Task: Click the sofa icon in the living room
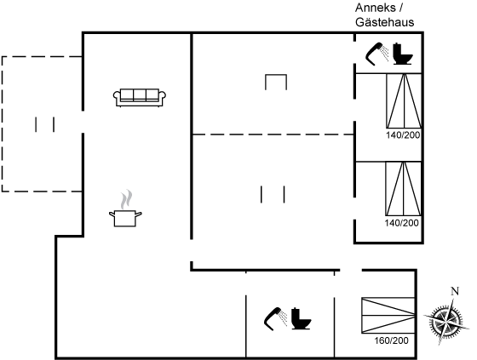[140, 97]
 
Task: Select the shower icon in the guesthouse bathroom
[376, 54]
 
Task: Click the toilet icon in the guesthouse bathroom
[402, 54]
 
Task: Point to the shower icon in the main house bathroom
[276, 319]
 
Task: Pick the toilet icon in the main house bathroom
[302, 318]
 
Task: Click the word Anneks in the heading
[376, 8]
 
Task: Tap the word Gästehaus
[384, 22]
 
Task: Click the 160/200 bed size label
[391, 340]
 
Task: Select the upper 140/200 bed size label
[403, 135]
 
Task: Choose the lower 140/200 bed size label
[401, 223]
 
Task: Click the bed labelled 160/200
[388, 315]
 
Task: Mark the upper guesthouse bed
[404, 101]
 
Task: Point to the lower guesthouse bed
[404, 189]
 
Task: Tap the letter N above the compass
[455, 291]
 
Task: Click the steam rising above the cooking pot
[126, 199]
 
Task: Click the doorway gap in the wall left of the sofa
[83, 122]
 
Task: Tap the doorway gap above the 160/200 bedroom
[351, 270]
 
